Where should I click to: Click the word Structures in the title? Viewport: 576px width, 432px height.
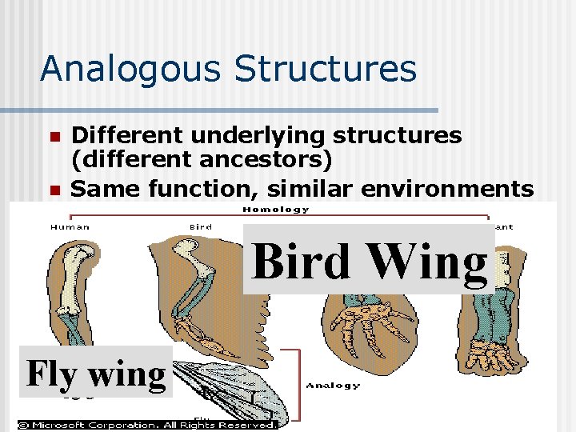[325, 69]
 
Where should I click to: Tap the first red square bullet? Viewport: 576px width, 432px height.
[54, 137]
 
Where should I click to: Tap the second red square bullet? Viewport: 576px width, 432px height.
[54, 190]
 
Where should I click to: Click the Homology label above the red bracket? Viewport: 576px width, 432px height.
[276, 210]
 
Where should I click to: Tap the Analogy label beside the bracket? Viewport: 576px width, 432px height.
[334, 386]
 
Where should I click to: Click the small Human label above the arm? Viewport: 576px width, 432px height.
[70, 227]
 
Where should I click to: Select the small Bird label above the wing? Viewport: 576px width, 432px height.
[200, 227]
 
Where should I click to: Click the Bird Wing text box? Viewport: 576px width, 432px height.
[369, 260]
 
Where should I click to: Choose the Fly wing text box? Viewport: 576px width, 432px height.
[96, 373]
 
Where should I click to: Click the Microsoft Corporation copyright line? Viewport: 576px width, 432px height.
[148, 425]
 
